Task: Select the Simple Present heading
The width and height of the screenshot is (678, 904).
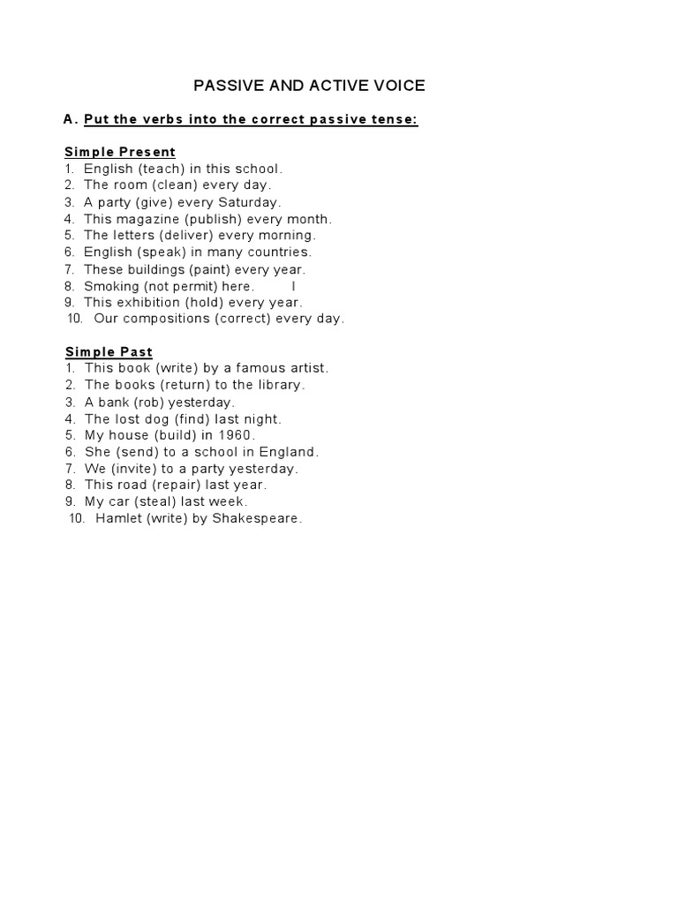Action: pos(120,152)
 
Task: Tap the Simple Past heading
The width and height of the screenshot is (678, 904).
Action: pos(109,352)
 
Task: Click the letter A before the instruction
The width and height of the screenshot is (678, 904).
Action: pos(69,119)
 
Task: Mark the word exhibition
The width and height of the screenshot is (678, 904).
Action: pos(147,303)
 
